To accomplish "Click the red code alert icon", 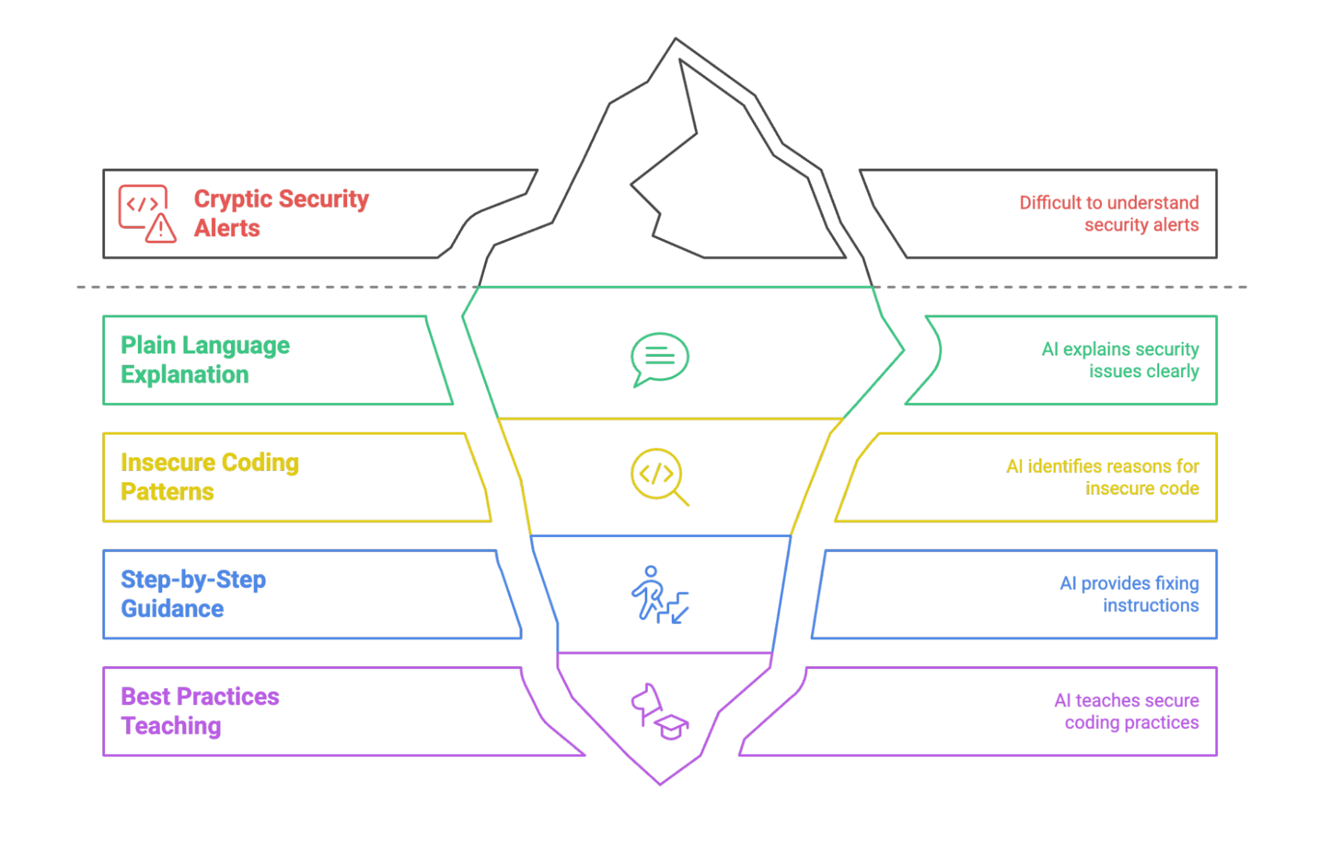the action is [147, 214].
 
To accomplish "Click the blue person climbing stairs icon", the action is [660, 594].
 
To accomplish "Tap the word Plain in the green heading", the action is [148, 345].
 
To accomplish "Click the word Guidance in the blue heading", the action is [172, 609].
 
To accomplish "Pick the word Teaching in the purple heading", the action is [171, 726].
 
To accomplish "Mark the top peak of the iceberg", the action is [675, 39].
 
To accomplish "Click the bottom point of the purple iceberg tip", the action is [660, 784].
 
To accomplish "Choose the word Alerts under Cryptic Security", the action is [227, 228].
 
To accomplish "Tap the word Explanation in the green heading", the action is [185, 375].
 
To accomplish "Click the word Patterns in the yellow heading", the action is [168, 492].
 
